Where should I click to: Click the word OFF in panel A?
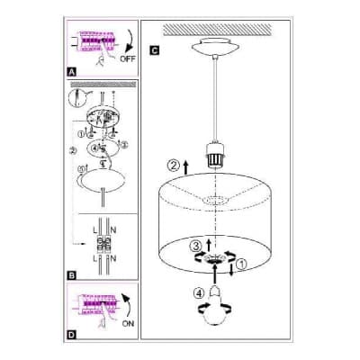[128, 58]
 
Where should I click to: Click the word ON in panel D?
[128, 323]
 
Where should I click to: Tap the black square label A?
[71, 72]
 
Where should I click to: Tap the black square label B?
[71, 275]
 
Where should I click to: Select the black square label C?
[154, 50]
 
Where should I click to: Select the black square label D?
[71, 335]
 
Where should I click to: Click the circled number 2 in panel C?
[174, 166]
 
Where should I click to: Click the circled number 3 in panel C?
[195, 247]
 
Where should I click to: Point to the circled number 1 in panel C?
[242, 265]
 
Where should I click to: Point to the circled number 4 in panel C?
[199, 292]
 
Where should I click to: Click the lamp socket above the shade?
[215, 156]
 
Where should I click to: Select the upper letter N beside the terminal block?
[113, 230]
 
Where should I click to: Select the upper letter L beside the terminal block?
[95, 230]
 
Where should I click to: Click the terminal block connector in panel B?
[104, 244]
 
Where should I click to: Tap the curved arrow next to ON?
[129, 305]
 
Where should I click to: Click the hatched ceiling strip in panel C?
[218, 30]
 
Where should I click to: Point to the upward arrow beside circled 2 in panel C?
[186, 167]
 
